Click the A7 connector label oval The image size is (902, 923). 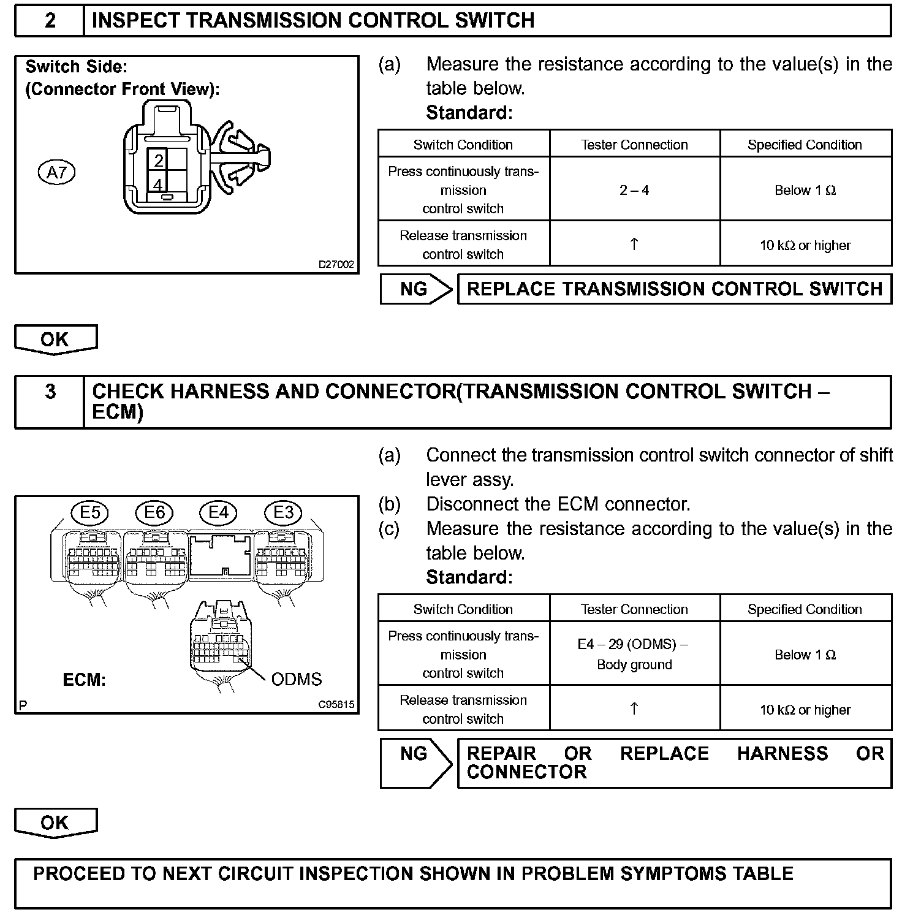point(56,173)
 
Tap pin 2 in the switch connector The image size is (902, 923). point(159,161)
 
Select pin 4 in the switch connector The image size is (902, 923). point(159,184)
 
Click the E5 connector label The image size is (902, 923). point(90,512)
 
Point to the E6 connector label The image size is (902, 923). point(154,512)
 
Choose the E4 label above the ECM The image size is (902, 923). point(219,512)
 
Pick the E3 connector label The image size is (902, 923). point(283,512)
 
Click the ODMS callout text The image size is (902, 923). point(296,679)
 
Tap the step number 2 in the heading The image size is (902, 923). point(50,21)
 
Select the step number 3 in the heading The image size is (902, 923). point(50,392)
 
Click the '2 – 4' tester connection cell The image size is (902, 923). point(634,190)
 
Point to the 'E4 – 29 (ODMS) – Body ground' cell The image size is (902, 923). point(634,654)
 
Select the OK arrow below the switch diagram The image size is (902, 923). point(55,340)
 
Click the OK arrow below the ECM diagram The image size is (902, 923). point(55,823)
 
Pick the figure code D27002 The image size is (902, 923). point(336,265)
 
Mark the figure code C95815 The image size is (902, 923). point(336,705)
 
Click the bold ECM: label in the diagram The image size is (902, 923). point(85,680)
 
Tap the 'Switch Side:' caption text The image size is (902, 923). point(76,67)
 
